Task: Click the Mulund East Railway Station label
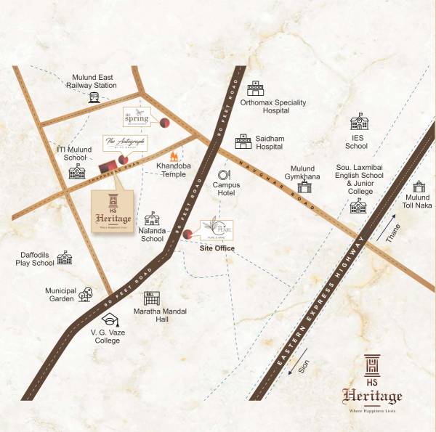pos(94,80)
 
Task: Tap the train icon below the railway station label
pos(94,97)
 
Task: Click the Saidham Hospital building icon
pos(242,142)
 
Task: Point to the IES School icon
pos(359,121)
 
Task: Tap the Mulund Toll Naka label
pos(418,201)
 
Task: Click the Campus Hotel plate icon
pos(225,174)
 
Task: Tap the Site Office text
pos(217,248)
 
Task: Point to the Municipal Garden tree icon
pos(85,294)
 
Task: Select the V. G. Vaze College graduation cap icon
pos(110,319)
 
